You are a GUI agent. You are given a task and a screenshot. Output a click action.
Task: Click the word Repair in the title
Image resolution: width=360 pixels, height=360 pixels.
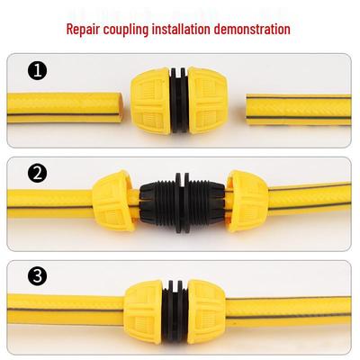pyautogui.click(x=83, y=30)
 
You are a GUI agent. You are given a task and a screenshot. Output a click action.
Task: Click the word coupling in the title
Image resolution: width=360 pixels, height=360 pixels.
pyautogui.click(x=126, y=30)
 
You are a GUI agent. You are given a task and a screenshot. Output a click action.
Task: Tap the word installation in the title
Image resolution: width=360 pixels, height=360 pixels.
pyautogui.click(x=181, y=29)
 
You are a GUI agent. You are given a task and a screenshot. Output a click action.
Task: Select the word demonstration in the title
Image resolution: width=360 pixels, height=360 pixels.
pyautogui.click(x=252, y=29)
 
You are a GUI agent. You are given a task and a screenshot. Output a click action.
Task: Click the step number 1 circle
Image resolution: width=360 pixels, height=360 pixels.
pyautogui.click(x=38, y=71)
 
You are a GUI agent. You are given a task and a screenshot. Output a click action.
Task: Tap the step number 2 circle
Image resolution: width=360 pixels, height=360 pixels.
pyautogui.click(x=38, y=173)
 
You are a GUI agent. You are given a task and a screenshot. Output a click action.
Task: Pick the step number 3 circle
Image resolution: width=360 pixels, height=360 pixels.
pyautogui.click(x=38, y=275)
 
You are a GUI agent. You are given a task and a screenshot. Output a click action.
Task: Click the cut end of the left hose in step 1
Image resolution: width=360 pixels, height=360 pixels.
pyautogui.click(x=121, y=107)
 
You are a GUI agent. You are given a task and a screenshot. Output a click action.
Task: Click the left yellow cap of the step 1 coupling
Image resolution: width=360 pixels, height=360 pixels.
pyautogui.click(x=150, y=101)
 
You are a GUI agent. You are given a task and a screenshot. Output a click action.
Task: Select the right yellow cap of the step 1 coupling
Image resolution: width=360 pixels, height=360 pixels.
pyautogui.click(x=208, y=101)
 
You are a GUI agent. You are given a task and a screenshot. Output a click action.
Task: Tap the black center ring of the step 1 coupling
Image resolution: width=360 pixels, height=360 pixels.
pyautogui.click(x=179, y=101)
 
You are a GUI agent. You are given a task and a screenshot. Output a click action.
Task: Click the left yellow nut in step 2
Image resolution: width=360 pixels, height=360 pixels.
pyautogui.click(x=113, y=201)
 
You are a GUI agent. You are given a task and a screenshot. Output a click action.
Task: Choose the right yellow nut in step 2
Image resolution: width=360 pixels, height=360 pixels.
pyautogui.click(x=247, y=202)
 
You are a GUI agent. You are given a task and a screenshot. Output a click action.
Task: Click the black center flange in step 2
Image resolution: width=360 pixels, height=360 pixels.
pyautogui.click(x=182, y=202)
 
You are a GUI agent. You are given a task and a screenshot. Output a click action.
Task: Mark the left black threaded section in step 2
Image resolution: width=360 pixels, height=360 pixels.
pyautogui.click(x=158, y=202)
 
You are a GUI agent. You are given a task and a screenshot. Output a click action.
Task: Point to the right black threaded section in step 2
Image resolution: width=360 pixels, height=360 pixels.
pyautogui.click(x=206, y=202)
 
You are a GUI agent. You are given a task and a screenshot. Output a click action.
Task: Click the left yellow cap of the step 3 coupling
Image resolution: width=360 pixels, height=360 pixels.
pyautogui.click(x=144, y=312)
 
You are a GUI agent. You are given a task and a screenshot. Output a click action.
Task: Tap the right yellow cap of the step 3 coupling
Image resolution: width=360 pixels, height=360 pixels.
pyautogui.click(x=207, y=312)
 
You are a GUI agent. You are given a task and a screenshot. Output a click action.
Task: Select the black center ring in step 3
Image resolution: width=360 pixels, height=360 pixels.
pyautogui.click(x=175, y=312)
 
